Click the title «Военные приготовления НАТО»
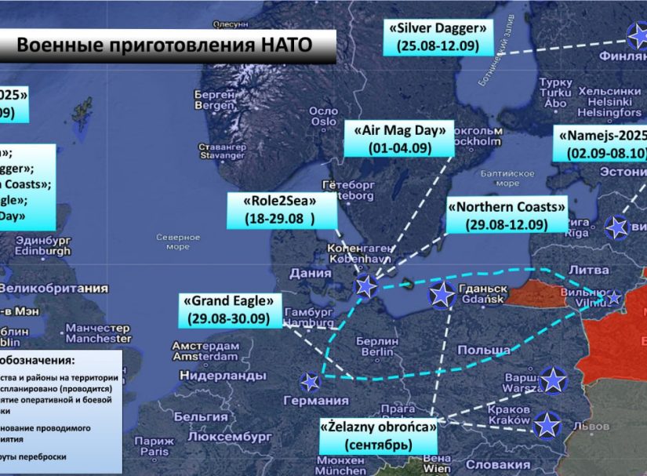(165, 45)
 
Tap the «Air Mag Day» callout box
(399, 139)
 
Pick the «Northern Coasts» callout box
(507, 215)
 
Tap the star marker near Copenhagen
(365, 285)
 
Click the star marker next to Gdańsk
(442, 296)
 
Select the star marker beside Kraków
(547, 426)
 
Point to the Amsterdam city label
(205, 351)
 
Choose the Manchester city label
(97, 333)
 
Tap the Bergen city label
(214, 100)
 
